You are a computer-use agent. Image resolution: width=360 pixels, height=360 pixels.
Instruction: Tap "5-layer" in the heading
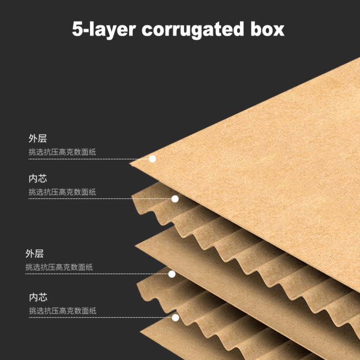(x=104, y=30)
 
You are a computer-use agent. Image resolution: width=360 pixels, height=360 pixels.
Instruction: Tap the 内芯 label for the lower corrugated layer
(x=38, y=297)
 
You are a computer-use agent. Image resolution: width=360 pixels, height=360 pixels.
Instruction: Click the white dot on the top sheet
(x=152, y=159)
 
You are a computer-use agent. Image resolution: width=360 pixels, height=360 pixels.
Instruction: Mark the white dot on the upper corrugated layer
(x=175, y=199)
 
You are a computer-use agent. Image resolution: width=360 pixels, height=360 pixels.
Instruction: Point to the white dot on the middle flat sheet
(x=172, y=274)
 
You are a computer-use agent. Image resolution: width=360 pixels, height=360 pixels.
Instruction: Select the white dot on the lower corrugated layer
(x=175, y=318)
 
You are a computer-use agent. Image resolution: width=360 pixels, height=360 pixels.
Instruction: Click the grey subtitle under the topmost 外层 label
(x=62, y=152)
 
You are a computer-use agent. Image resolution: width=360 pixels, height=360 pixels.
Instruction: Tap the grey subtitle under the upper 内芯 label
(x=62, y=192)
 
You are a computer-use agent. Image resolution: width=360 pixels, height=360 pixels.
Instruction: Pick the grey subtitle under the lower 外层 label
(x=59, y=267)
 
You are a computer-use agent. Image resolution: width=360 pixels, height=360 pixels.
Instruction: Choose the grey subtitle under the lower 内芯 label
(x=63, y=311)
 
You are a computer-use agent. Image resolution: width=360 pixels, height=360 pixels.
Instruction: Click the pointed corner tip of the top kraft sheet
(x=131, y=163)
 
